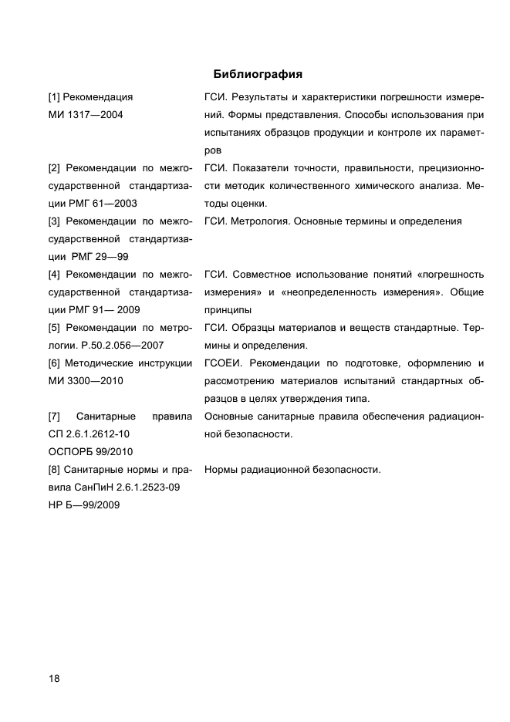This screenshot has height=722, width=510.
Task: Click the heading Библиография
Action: pyautogui.click(x=257, y=75)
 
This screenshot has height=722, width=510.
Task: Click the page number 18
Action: pyautogui.click(x=54, y=678)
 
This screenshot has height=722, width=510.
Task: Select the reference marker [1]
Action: pyautogui.click(x=54, y=98)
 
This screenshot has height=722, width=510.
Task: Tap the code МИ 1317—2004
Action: pyautogui.click(x=85, y=115)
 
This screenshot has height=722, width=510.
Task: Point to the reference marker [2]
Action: pyautogui.click(x=54, y=168)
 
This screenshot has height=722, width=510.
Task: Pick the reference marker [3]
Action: pyautogui.click(x=54, y=221)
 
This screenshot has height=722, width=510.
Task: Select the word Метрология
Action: pyautogui.click(x=258, y=221)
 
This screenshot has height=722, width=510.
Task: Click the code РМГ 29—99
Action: pyautogui.click(x=101, y=257)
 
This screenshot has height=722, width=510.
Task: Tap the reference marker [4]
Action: pyautogui.click(x=54, y=275)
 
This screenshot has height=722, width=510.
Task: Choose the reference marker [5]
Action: pyautogui.click(x=54, y=328)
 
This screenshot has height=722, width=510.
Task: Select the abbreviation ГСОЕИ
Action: pyautogui.click(x=223, y=363)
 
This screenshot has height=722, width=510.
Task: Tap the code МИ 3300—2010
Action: pyautogui.click(x=85, y=381)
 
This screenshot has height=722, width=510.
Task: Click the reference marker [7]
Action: pyautogui.click(x=54, y=417)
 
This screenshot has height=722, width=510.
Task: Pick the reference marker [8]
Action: pyautogui.click(x=54, y=470)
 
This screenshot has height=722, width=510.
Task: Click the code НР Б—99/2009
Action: pyautogui.click(x=83, y=505)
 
